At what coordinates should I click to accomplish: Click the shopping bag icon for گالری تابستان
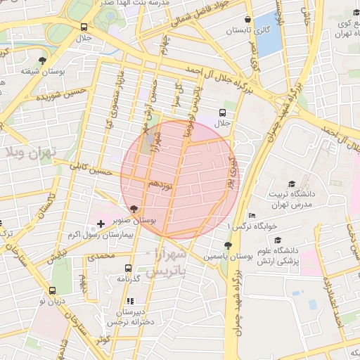point(247,20)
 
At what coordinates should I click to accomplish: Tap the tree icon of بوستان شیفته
point(43,60)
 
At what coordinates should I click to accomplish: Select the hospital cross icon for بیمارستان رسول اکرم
point(100,224)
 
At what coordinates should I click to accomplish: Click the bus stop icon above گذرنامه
point(128,268)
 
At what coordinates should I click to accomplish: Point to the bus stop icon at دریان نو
point(52,290)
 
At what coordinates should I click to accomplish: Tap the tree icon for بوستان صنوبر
point(134,209)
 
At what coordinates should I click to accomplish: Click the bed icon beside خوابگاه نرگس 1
point(252,216)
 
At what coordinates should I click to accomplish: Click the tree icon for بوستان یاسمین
point(227,245)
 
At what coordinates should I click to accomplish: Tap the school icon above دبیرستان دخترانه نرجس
point(131,301)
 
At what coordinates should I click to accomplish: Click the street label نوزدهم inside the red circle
point(160,184)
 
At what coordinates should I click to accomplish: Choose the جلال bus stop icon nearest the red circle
point(223,112)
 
